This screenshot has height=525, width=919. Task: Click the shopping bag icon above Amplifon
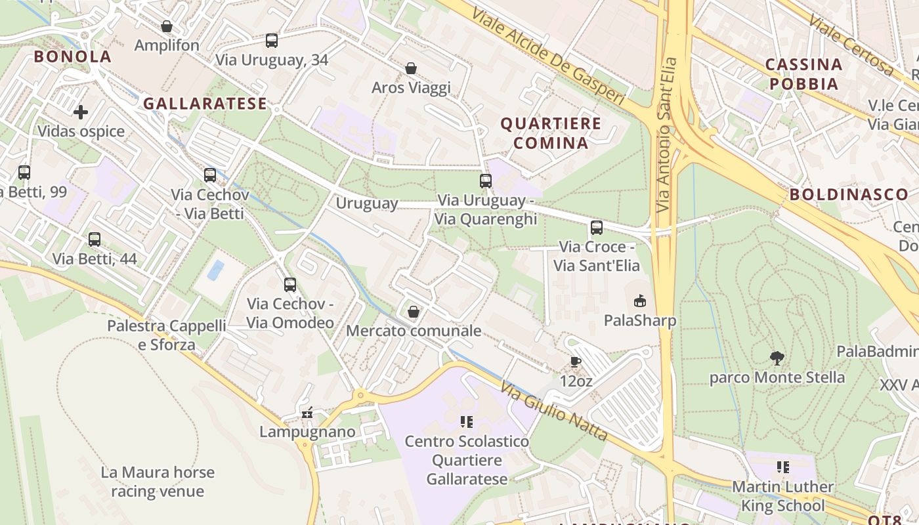click(167, 26)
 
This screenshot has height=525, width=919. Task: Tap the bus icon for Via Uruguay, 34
click(272, 41)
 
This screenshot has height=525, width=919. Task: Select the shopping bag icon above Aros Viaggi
click(411, 68)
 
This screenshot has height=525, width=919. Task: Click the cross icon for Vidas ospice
click(81, 112)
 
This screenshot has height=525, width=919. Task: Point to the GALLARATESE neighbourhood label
click(205, 104)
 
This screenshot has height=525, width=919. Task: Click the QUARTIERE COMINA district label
click(551, 133)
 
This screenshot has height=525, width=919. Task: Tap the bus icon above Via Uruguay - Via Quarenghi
click(486, 181)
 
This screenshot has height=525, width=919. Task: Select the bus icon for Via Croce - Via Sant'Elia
click(596, 228)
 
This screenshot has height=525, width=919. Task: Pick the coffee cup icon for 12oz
click(575, 362)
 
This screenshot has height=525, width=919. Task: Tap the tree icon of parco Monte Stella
click(777, 358)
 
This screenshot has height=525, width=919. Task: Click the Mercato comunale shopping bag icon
click(414, 312)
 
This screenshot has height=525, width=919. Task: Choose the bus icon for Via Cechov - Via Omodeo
click(290, 285)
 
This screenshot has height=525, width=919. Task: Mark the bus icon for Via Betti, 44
click(95, 240)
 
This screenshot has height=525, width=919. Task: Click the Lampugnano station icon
click(307, 413)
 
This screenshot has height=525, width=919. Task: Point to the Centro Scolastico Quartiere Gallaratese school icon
click(467, 422)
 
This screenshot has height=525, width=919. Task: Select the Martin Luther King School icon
click(782, 467)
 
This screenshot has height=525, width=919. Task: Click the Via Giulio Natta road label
click(553, 411)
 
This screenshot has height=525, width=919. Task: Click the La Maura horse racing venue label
click(158, 482)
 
